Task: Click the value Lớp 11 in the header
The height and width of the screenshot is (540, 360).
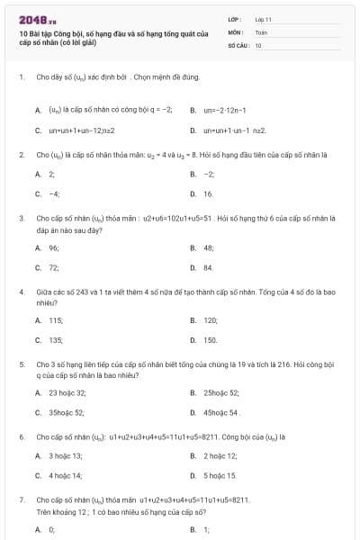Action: point(264,18)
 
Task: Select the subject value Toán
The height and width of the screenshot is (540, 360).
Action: point(261,31)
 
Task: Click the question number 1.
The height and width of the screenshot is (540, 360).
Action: point(21,77)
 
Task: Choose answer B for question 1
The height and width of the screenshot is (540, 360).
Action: point(225,110)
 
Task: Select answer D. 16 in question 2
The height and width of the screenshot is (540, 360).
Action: point(202,193)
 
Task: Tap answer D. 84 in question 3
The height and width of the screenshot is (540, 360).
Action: point(202,267)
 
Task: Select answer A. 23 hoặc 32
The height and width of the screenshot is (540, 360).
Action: point(60,392)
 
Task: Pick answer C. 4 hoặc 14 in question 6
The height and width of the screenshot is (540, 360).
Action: point(58,474)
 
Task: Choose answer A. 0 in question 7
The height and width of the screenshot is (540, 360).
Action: point(45,529)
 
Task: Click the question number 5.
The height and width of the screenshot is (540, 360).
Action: point(21,364)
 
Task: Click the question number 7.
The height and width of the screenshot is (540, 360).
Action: point(21,499)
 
